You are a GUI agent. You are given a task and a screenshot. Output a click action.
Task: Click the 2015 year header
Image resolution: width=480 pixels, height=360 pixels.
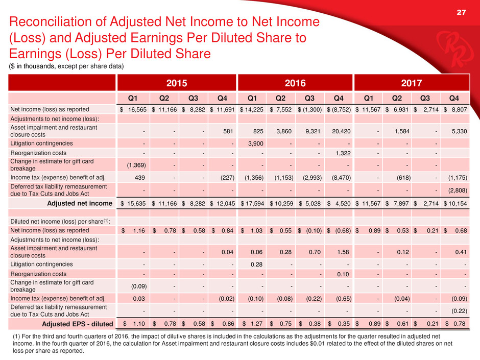177,83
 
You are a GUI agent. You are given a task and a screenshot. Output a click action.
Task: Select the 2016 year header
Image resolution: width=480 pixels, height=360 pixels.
295,83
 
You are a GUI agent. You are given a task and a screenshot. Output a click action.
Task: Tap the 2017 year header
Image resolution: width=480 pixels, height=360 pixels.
412,83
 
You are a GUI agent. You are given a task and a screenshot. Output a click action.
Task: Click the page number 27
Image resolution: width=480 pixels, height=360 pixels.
461,12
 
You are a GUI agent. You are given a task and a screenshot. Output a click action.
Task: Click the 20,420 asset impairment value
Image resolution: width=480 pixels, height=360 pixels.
341,131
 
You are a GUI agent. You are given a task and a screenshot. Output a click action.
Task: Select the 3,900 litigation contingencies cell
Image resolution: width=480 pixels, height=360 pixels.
256,143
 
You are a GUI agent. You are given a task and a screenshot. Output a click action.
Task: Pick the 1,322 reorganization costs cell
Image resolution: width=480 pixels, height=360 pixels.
343,153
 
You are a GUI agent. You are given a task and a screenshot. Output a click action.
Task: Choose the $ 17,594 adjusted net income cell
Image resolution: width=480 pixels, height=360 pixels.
252,203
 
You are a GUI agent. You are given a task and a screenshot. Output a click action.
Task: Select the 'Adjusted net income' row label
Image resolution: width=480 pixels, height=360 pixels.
80,203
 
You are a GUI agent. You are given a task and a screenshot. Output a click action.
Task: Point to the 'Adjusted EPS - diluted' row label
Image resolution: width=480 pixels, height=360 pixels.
78,324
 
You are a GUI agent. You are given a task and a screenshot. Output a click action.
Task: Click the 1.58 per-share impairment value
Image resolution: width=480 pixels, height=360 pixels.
343,252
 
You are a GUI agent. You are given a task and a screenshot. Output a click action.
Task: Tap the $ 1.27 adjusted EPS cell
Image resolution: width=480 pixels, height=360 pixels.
252,324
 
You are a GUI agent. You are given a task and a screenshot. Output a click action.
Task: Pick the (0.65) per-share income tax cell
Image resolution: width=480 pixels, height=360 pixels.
344,299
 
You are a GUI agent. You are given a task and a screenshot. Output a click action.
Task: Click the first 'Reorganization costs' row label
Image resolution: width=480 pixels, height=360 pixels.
38,153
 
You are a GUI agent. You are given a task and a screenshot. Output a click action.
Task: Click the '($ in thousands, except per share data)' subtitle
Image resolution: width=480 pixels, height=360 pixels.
66,66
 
